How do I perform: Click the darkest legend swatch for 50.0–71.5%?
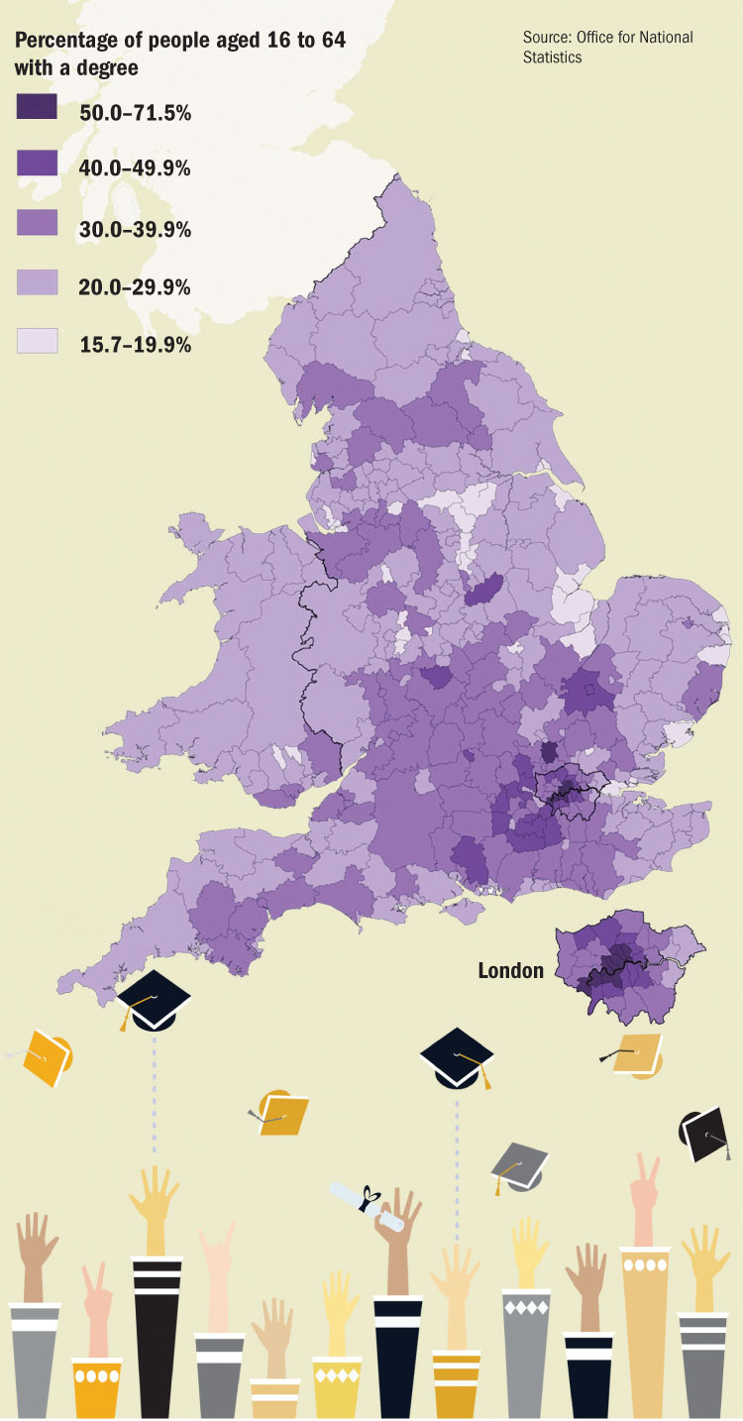pyautogui.click(x=37, y=107)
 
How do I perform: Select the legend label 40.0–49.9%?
pyautogui.click(x=135, y=167)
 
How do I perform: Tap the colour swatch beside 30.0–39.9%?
pyautogui.click(x=37, y=224)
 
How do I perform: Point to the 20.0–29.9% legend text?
pyautogui.click(x=135, y=286)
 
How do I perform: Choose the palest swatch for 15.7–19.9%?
pyautogui.click(x=37, y=341)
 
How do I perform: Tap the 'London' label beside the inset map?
pyautogui.click(x=510, y=970)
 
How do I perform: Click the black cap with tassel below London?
pyautogui.click(x=457, y=1055)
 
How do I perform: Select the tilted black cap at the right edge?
pyautogui.click(x=707, y=1133)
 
